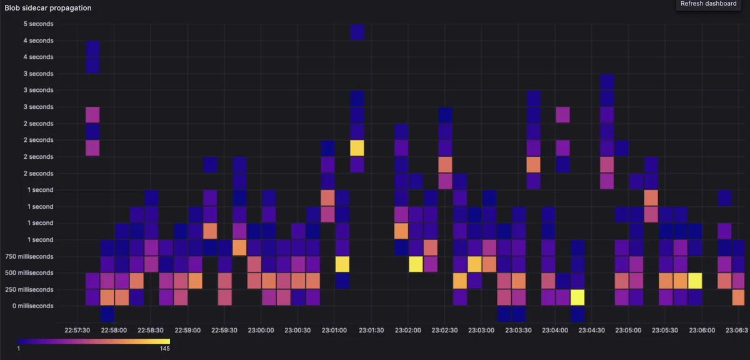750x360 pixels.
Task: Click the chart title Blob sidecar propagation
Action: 48,7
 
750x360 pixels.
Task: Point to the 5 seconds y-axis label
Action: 38,24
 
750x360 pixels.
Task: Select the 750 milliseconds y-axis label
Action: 29,256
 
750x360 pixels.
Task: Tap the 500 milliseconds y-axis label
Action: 29,273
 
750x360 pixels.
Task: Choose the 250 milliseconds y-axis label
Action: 29,289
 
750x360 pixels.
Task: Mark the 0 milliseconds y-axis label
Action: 32,306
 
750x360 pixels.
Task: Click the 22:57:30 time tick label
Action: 77,330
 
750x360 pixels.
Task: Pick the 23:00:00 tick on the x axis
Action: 261,330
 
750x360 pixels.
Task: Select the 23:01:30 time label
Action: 371,330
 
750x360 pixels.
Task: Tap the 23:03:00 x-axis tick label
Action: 481,330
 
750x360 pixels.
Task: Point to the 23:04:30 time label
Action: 592,330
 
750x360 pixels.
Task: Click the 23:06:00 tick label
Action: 702,330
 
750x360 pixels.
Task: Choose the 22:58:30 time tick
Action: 151,330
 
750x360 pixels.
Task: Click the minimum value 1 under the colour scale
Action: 19,349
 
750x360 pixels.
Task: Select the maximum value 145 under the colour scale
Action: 165,349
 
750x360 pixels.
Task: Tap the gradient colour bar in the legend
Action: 94,341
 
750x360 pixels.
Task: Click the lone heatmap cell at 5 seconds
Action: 357,32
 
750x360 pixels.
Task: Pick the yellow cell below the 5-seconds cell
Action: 357,148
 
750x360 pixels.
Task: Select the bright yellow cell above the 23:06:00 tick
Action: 695,281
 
